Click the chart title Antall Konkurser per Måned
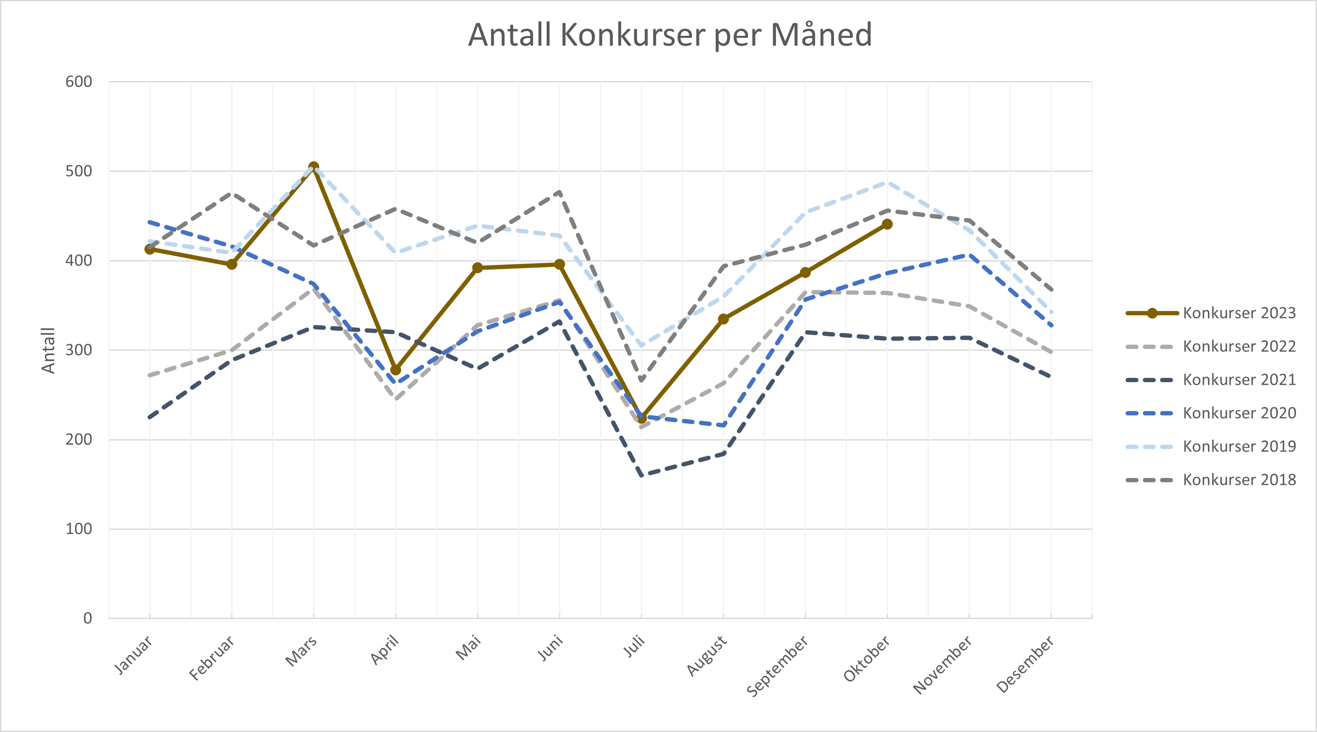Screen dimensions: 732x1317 coord(670,35)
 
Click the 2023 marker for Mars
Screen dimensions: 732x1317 coord(314,167)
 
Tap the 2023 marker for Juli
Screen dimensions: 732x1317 coord(642,418)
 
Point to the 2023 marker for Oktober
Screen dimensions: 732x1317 coord(887,224)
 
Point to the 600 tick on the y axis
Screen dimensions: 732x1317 coord(79,82)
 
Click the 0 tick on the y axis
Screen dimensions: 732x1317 coord(88,618)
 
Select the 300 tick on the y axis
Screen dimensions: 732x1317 coord(79,350)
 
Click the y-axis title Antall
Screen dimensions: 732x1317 coord(48,350)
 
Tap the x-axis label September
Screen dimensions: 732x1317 coord(777,666)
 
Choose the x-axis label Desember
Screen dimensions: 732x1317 coord(1025,664)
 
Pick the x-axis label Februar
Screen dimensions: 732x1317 coord(212,658)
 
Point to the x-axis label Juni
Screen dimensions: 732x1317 coord(551,647)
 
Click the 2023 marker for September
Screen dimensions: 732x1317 coord(805,273)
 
